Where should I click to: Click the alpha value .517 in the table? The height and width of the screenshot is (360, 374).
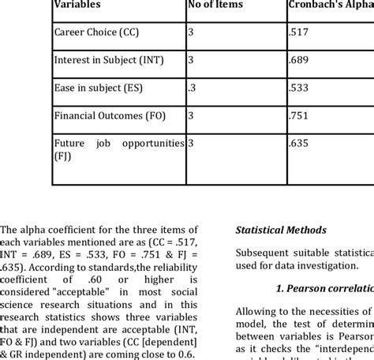click(297, 35)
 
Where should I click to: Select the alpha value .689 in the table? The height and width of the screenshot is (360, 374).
click(297, 61)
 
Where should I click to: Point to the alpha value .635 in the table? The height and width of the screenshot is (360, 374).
click(297, 143)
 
